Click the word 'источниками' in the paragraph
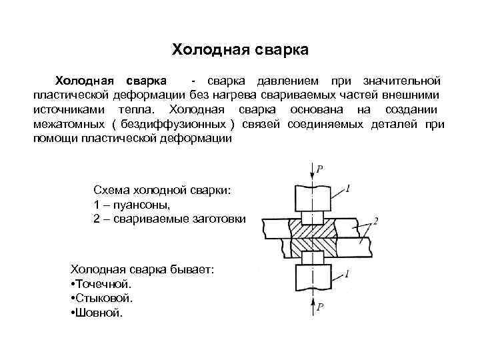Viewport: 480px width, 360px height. tap(72, 109)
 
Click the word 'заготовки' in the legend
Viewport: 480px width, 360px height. tap(217, 219)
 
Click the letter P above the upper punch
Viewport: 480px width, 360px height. tap(320, 171)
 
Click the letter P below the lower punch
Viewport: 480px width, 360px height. tap(321, 308)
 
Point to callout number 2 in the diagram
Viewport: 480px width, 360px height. tap(377, 221)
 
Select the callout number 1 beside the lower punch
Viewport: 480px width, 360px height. tap(351, 272)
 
